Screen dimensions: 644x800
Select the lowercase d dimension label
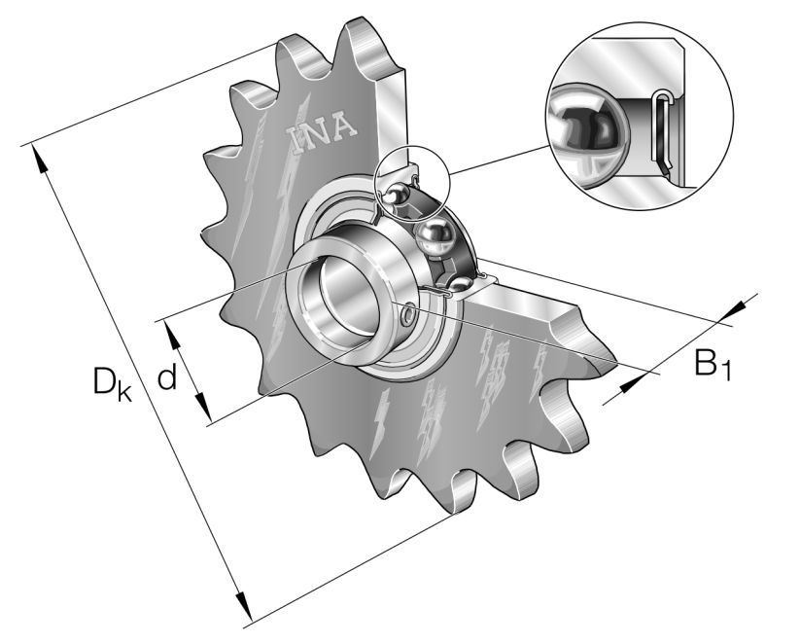coord(167,376)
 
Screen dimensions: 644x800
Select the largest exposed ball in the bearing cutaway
coord(432,237)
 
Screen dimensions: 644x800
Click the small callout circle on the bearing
coord(413,186)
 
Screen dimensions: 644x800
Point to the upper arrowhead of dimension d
coord(173,332)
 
